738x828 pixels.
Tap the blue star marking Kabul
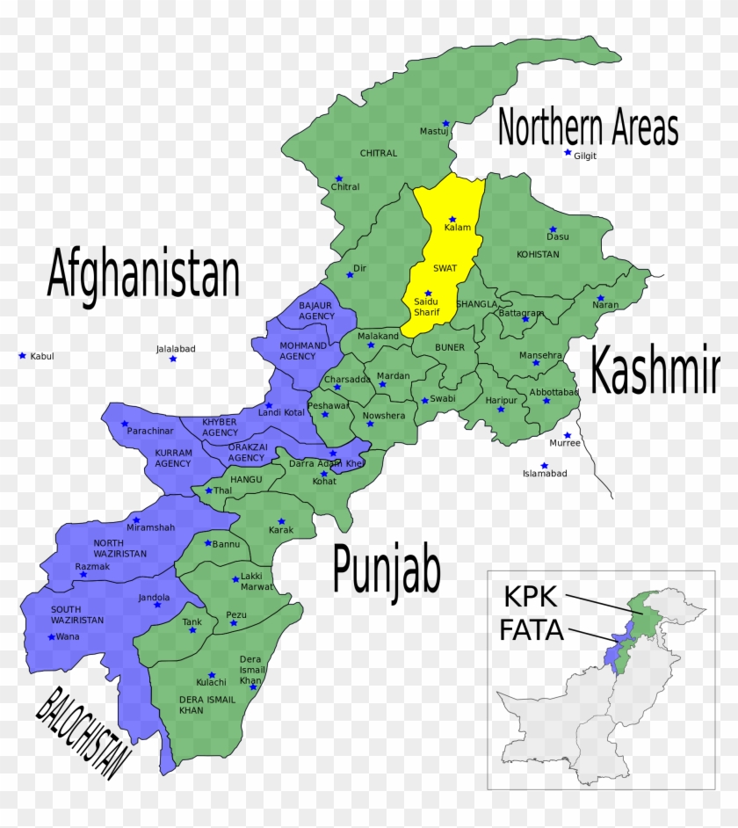22,355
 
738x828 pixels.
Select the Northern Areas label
588,128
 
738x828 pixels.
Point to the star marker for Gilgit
568,153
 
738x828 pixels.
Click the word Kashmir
655,371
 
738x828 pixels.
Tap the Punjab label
386,569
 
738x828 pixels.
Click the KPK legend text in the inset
530,597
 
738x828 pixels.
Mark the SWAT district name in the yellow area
445,268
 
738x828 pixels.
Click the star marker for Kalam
452,220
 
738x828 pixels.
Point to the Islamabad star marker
544,466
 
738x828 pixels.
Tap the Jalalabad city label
176,349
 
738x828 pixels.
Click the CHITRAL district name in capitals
379,153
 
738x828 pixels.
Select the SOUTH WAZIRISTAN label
77,614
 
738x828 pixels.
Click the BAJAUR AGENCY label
316,310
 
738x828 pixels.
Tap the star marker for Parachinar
125,424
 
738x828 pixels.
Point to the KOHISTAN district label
539,254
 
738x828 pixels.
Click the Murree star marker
568,435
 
